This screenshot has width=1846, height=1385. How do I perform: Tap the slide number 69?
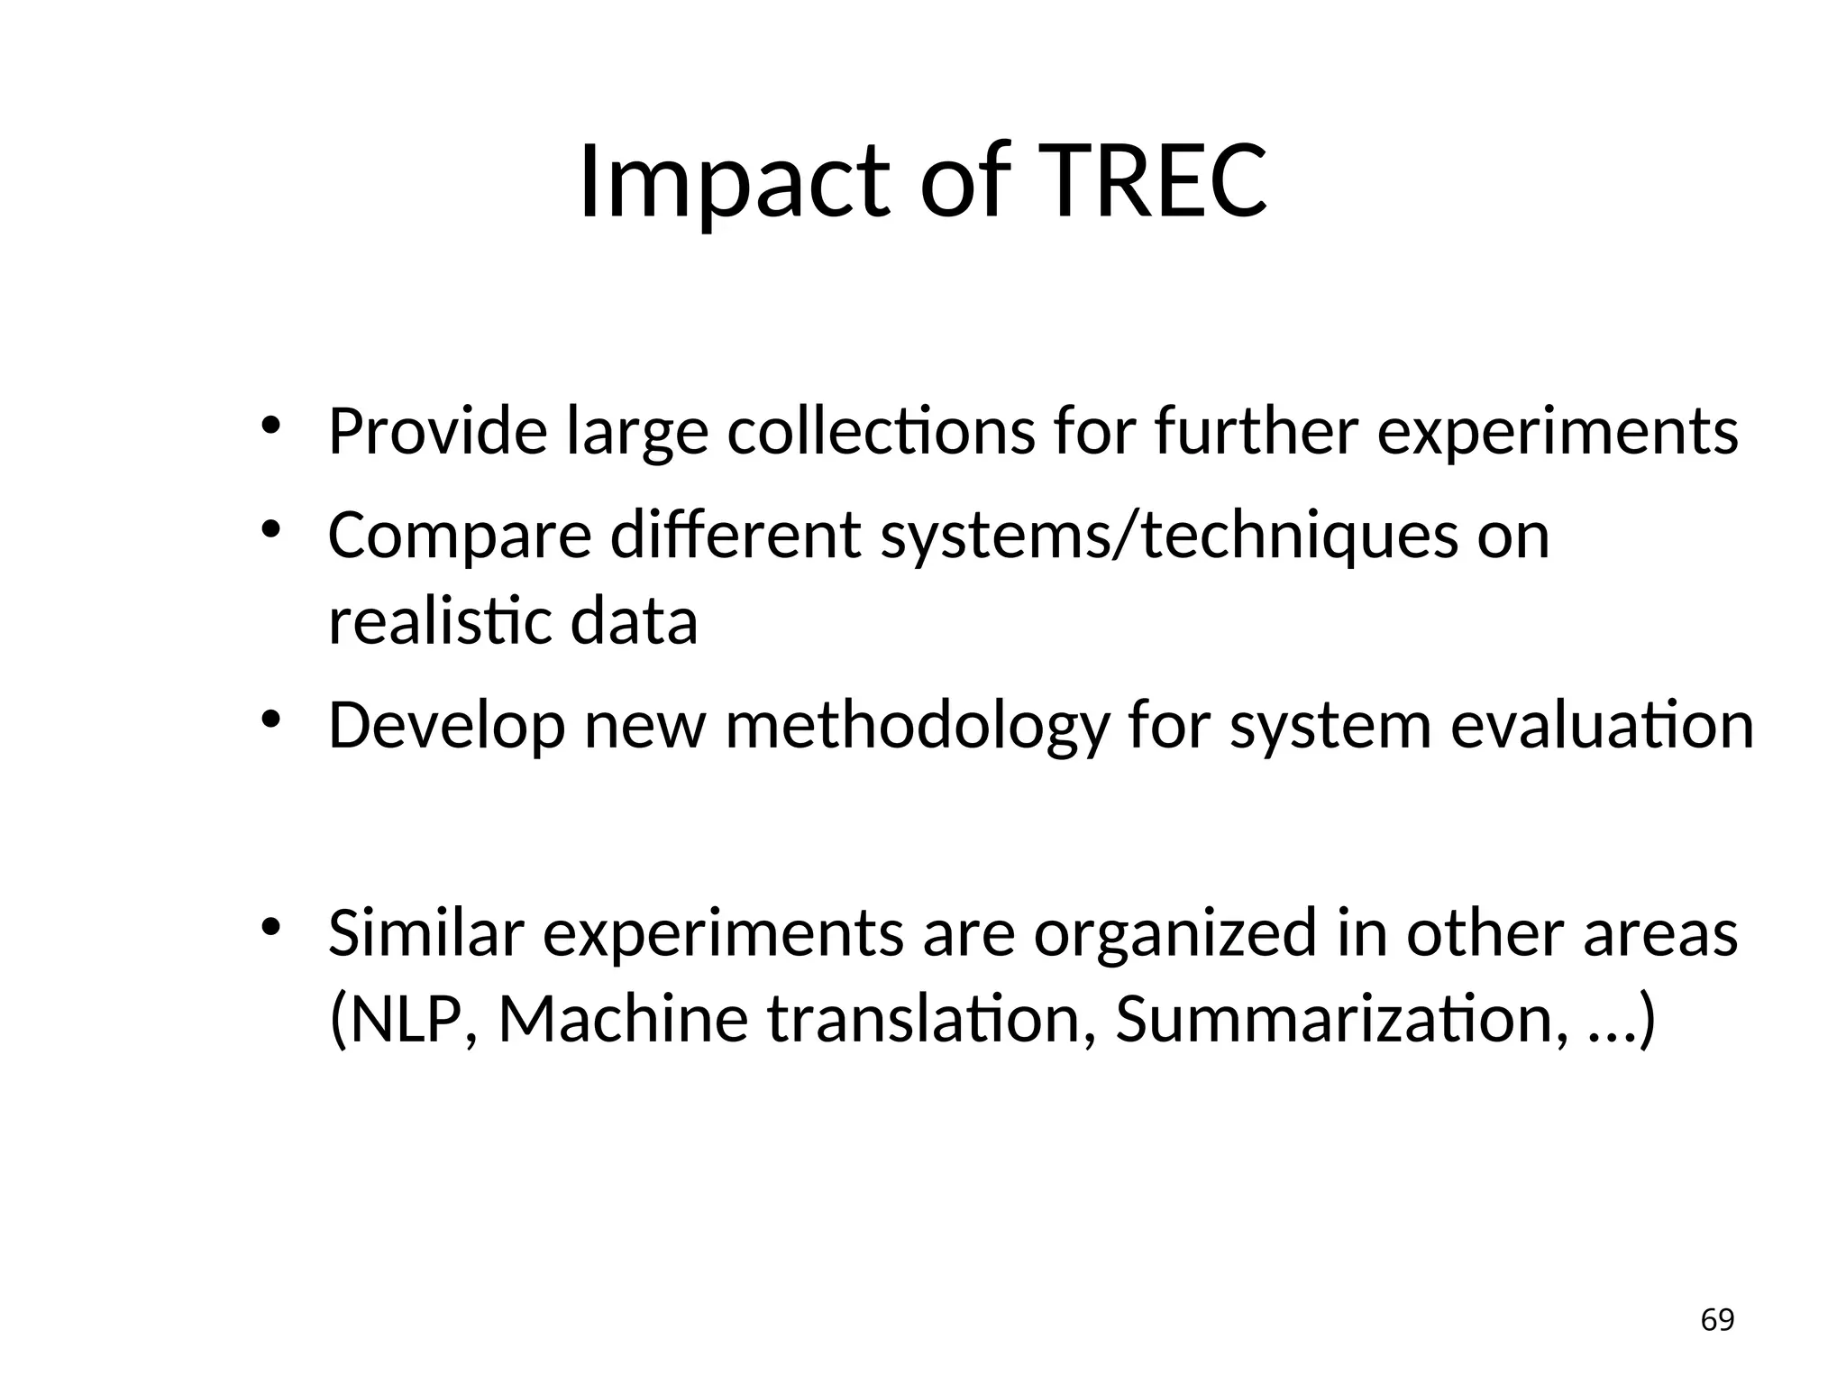(x=1717, y=1320)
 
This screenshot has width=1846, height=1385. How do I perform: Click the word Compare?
(x=459, y=535)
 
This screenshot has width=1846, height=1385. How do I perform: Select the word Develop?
(x=446, y=725)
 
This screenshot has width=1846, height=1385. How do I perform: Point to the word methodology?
(x=917, y=725)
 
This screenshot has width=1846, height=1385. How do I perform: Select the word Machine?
(x=623, y=1019)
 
